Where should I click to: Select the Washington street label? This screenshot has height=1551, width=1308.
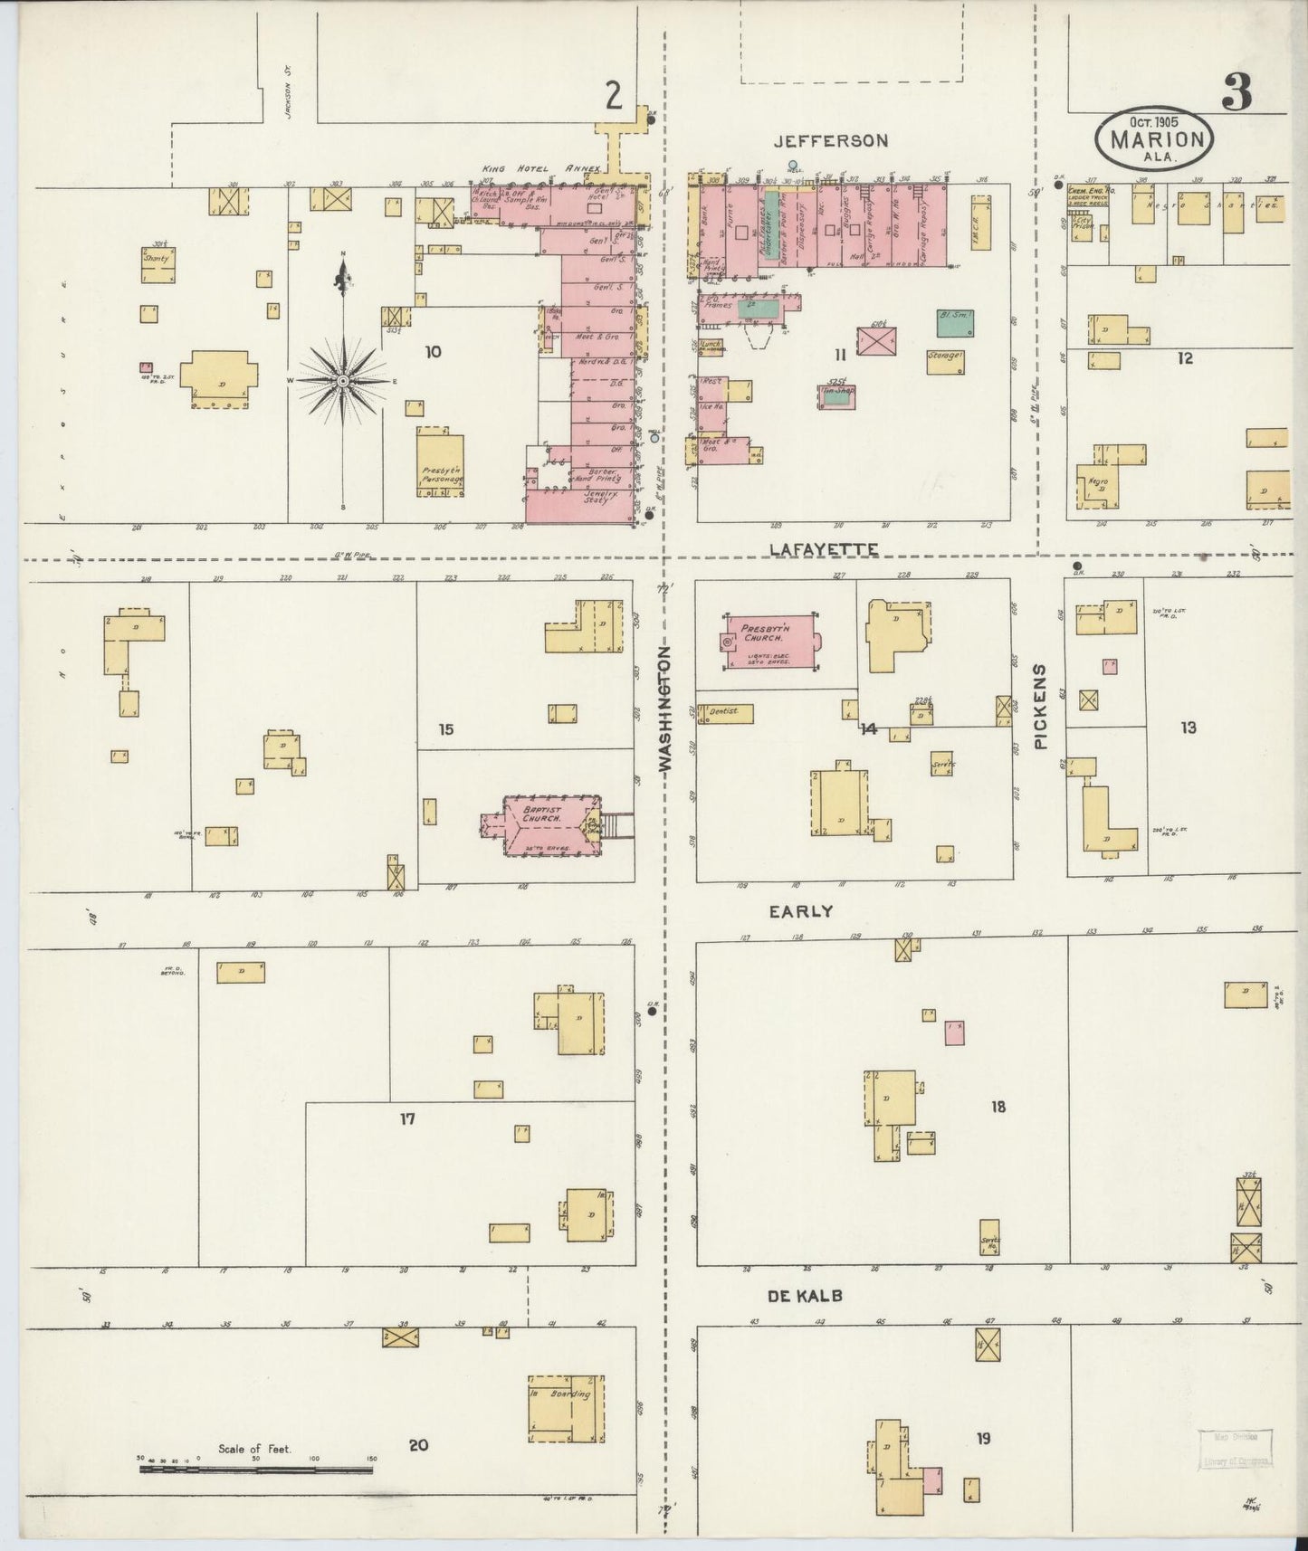665,708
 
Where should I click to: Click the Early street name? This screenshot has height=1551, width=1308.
800,912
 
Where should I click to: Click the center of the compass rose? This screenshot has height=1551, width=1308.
343,382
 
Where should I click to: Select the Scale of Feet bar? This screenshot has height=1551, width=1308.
255,1469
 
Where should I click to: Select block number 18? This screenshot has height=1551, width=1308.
998,1106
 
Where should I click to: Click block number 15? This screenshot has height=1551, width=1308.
445,729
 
